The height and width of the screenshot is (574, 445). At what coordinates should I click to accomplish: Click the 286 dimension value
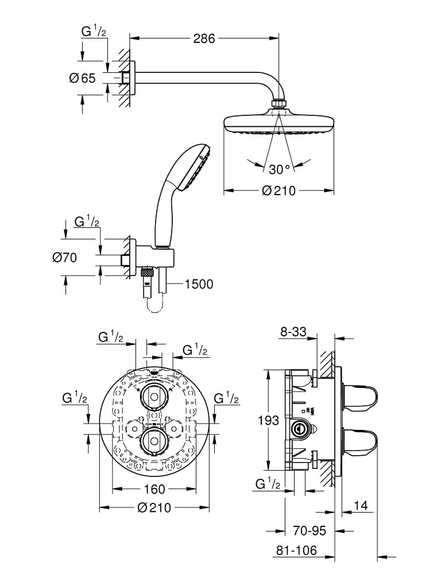click(204, 38)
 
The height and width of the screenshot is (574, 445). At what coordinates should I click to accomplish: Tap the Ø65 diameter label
click(82, 78)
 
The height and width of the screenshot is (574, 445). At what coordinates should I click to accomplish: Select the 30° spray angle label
click(280, 169)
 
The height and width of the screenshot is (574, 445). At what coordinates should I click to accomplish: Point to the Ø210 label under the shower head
click(278, 191)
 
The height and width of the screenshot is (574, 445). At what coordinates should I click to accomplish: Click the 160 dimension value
click(153, 489)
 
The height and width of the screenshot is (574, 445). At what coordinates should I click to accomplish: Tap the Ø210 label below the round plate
click(153, 507)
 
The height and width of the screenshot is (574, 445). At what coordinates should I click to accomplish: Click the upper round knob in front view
click(153, 395)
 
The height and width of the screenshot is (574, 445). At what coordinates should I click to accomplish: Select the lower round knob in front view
click(153, 440)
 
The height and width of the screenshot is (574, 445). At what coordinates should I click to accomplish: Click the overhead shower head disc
click(278, 124)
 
